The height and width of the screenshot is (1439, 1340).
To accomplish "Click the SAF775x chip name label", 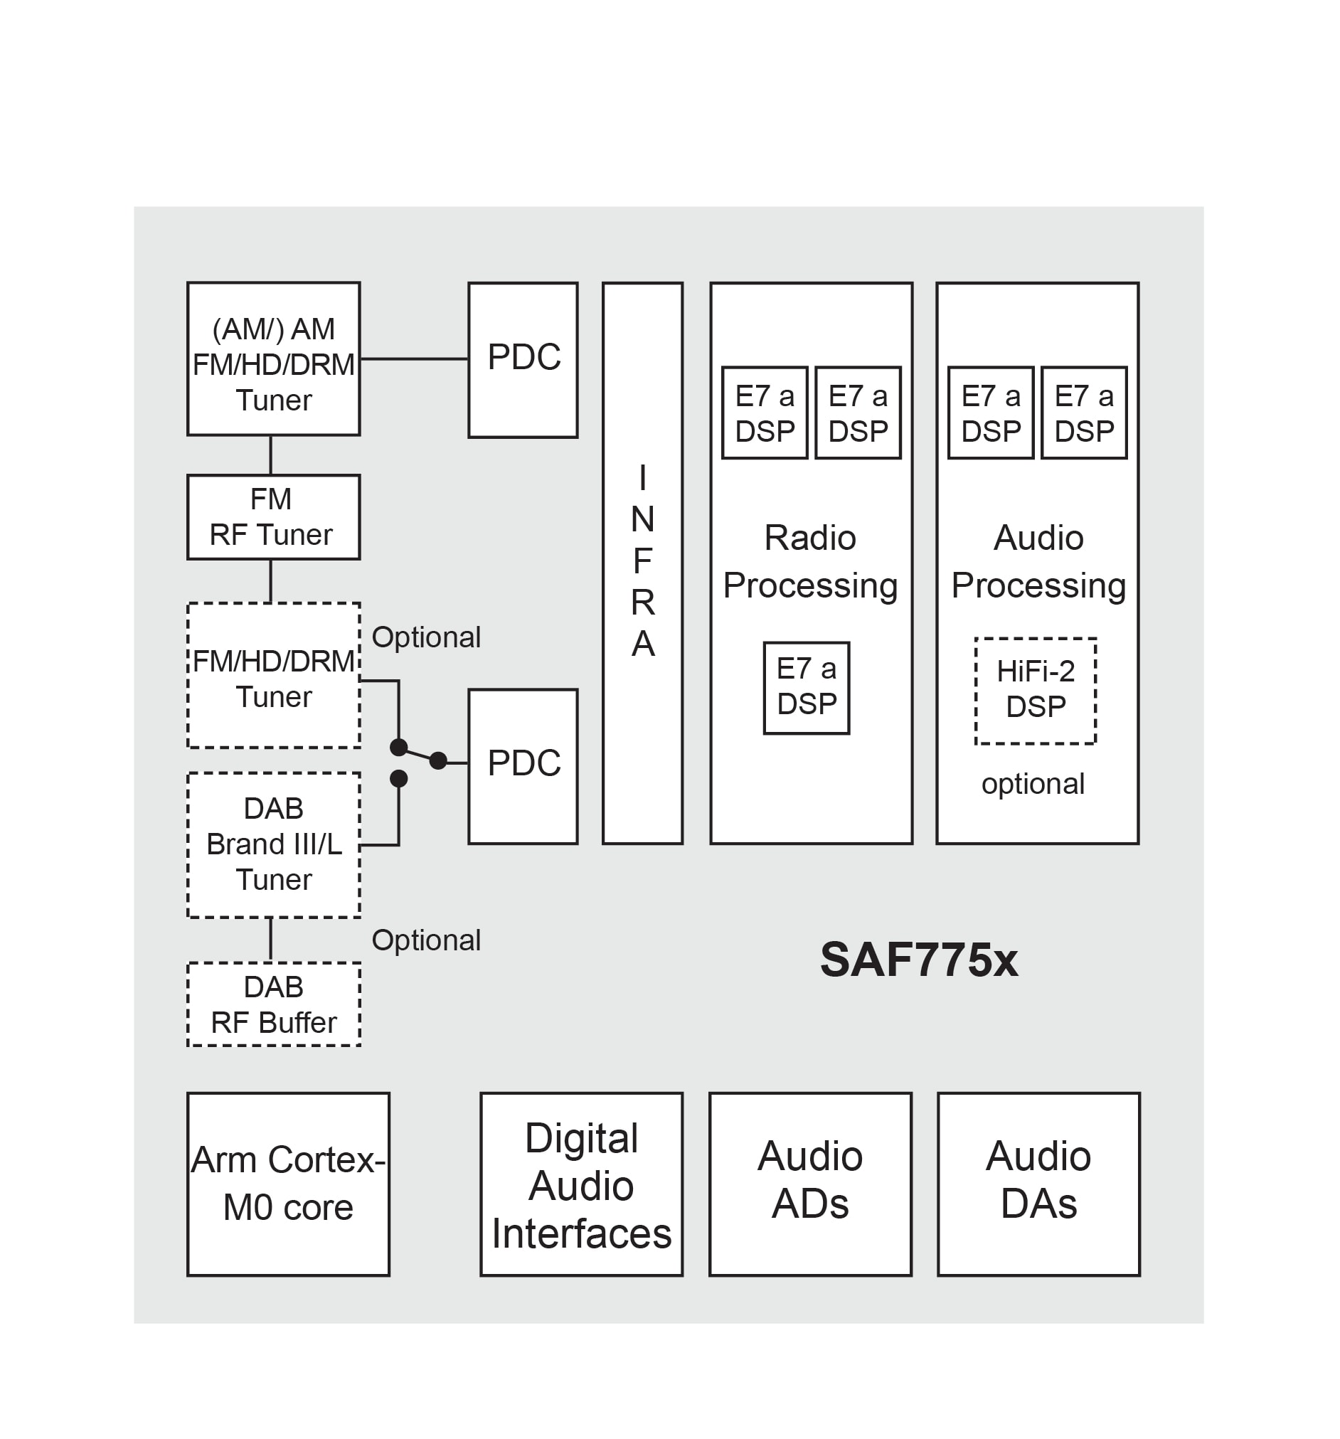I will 918,960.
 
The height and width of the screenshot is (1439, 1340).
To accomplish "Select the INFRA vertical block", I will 642,563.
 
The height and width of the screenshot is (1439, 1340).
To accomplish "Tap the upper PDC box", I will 523,360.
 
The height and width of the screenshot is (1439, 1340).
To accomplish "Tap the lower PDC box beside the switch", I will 523,766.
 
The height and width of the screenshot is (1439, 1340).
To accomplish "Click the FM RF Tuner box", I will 273,517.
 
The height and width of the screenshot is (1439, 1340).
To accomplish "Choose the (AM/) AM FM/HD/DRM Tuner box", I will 273,359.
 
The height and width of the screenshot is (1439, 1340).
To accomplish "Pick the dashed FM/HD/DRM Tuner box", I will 273,675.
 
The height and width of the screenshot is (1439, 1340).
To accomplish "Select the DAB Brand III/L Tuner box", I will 273,845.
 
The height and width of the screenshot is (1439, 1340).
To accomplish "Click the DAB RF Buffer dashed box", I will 273,1004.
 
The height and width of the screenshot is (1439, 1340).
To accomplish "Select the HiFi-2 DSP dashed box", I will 1034,691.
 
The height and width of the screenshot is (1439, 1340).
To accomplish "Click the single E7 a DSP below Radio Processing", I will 806,688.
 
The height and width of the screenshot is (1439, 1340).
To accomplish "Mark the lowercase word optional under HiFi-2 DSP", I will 1032,784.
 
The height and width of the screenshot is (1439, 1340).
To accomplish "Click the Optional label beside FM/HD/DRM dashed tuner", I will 425,637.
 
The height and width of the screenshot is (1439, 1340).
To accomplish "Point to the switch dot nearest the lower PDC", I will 438,761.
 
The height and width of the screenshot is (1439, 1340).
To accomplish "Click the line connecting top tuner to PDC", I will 413,359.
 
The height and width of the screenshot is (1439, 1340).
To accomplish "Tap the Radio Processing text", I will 809,562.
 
